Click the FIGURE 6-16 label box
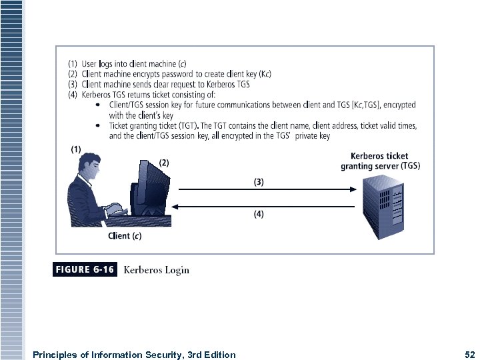coord(85,270)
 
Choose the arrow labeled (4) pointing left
coord(264,206)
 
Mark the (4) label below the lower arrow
coord(259,215)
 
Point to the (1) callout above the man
coord(76,149)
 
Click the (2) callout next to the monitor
coord(164,162)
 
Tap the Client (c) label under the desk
coord(125,235)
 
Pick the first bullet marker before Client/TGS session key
coord(99,105)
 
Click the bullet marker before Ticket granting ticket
coord(99,125)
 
